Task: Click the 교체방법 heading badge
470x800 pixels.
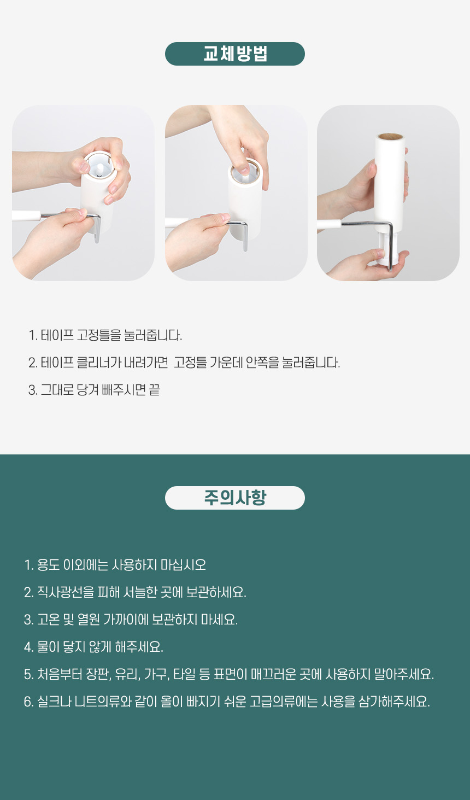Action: [x=235, y=54]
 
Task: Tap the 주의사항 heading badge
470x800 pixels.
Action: [x=235, y=498]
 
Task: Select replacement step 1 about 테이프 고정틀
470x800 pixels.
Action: [x=105, y=335]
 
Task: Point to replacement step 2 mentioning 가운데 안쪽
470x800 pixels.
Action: [x=184, y=363]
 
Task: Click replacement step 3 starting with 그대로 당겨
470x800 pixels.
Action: [x=94, y=390]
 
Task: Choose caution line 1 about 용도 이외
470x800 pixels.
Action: [x=115, y=565]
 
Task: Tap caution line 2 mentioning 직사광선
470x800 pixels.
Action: [x=135, y=592]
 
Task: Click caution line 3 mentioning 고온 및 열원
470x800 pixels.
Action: [x=131, y=620]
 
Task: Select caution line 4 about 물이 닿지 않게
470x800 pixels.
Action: [x=93, y=647]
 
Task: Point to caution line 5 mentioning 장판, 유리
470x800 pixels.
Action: [x=229, y=674]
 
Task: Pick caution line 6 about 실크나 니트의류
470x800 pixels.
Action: [x=227, y=702]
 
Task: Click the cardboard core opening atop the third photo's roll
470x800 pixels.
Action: [x=390, y=136]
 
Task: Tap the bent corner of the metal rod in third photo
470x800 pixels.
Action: [x=390, y=225]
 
